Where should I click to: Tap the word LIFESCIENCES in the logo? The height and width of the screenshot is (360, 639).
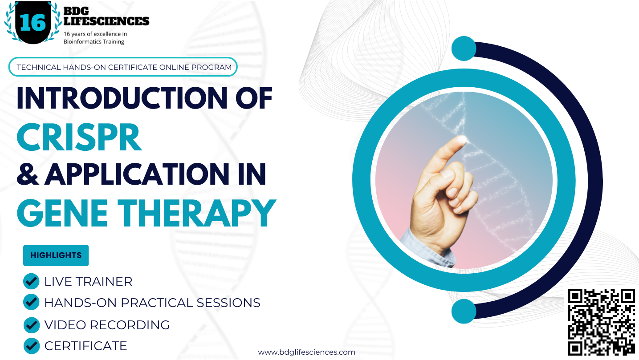click(x=106, y=21)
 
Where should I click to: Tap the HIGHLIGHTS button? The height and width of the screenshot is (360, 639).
click(x=56, y=255)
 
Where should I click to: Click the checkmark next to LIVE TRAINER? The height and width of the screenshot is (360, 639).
click(x=31, y=281)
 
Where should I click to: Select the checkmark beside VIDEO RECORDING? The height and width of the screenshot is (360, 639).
click(x=31, y=325)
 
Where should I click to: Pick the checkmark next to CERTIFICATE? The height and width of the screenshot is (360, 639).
click(x=31, y=345)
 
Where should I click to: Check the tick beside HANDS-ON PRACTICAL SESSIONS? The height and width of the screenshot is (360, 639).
click(x=31, y=303)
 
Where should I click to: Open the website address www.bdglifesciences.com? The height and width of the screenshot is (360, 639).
click(x=306, y=352)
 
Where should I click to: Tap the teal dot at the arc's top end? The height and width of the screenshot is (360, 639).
click(x=464, y=49)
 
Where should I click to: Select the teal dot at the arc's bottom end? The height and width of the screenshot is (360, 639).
click(x=464, y=311)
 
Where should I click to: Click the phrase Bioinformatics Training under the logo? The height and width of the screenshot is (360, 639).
click(x=94, y=42)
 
